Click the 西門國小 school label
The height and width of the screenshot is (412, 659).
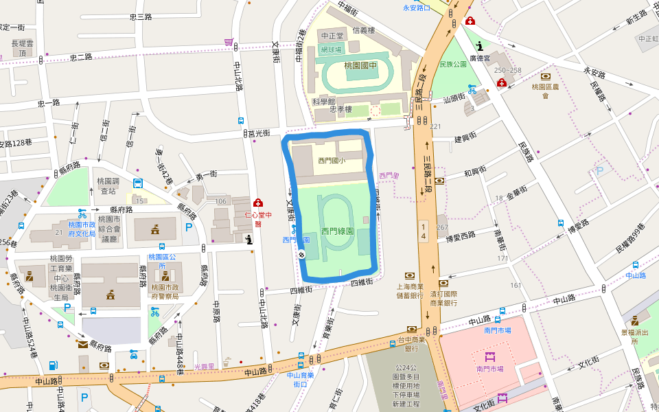click(331, 160)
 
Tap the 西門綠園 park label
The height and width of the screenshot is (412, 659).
click(338, 232)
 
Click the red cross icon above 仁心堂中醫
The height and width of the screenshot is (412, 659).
click(258, 203)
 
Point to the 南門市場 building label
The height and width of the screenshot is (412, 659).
click(490, 369)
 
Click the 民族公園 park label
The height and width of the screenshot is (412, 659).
click(452, 65)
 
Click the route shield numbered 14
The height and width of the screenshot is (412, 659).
click(424, 231)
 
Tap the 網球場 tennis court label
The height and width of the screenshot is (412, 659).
click(331, 49)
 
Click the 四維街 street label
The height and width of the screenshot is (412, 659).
click(361, 282)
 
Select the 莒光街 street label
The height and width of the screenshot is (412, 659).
click(259, 133)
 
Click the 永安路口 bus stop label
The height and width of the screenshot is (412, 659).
click(416, 8)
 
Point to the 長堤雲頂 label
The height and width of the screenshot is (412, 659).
click(22, 48)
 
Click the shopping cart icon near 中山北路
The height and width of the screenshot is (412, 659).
click(229, 42)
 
